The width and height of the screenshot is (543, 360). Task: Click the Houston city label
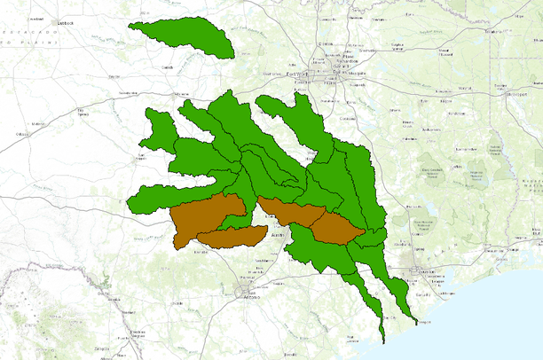tap(414, 275)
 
